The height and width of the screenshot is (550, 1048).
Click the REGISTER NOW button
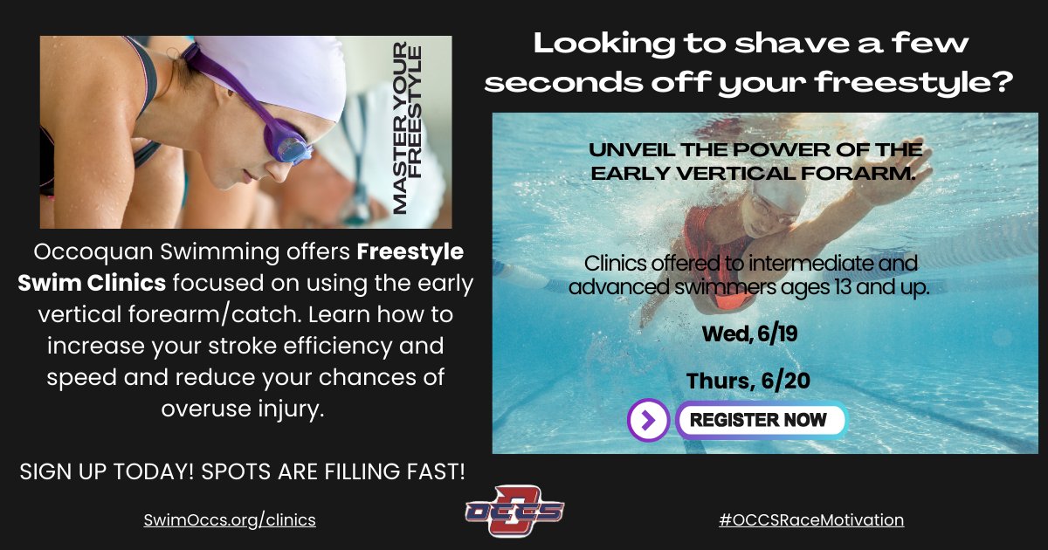click(x=759, y=420)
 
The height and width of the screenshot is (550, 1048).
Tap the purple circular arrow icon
click(x=648, y=420)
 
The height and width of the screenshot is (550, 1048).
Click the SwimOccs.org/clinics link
click(x=230, y=519)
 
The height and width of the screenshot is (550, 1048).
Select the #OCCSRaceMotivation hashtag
click(x=810, y=519)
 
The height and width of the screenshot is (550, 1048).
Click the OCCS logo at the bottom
click(x=514, y=511)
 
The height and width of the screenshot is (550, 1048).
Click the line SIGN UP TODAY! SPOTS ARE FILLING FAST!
click(x=242, y=471)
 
